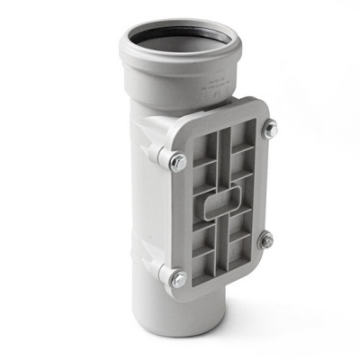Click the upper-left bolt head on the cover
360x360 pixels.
tap(178, 162)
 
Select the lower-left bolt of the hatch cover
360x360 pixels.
tap(179, 276)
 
